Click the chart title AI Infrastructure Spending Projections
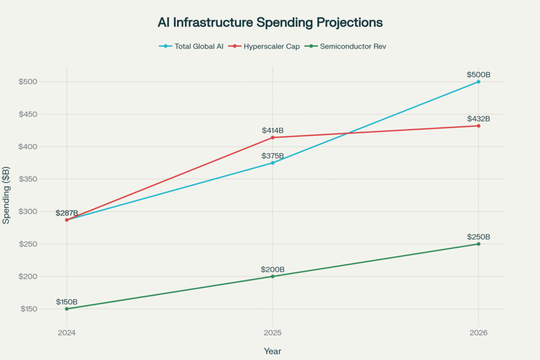270,23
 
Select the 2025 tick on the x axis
273,333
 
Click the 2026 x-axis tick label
478,333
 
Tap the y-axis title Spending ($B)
6,196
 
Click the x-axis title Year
273,351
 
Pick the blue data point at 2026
478,82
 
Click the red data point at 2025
273,138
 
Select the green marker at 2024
66,309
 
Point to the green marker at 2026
478,244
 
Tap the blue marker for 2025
273,163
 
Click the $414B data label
273,130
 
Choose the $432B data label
478,119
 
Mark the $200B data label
273,269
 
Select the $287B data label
67,213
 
